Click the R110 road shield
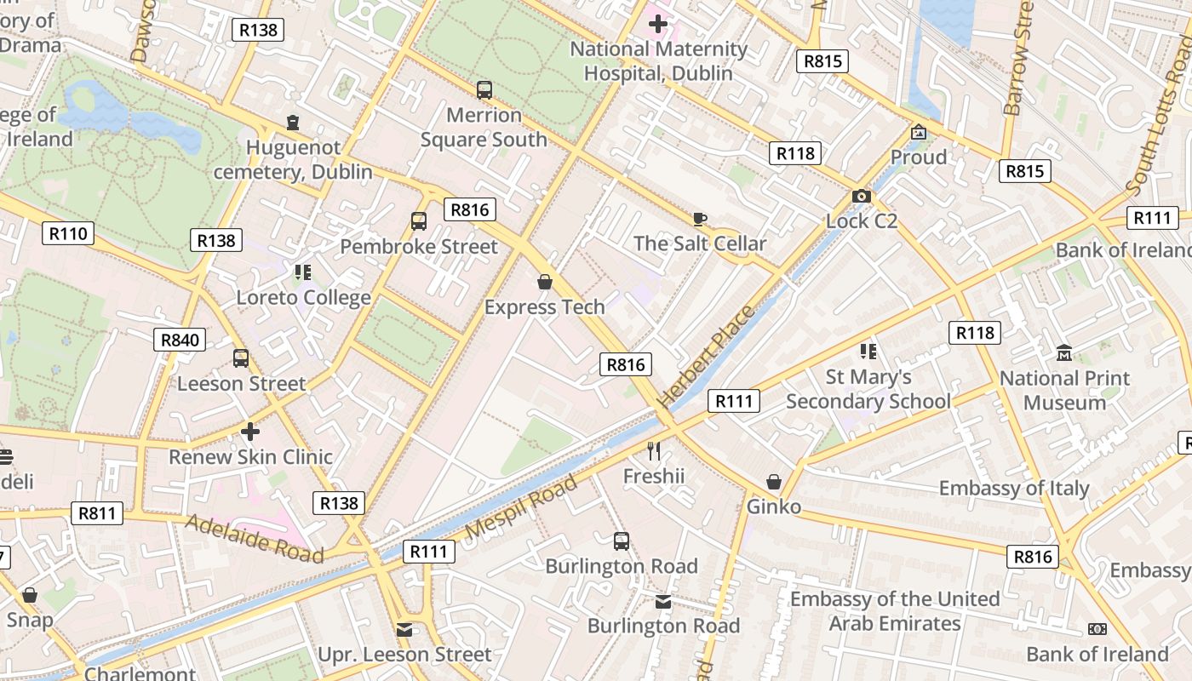click(68, 233)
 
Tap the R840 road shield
click(181, 340)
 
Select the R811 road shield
click(97, 512)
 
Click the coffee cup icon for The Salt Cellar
click(700, 220)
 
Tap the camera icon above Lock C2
click(861, 197)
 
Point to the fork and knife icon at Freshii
click(654, 451)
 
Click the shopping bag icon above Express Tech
click(545, 282)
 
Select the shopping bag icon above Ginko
click(774, 483)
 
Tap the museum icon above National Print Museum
click(1064, 352)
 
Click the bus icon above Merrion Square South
click(484, 89)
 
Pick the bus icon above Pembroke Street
click(419, 221)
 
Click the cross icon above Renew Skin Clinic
click(249, 432)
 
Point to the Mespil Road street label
click(523, 508)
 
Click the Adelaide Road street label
click(255, 538)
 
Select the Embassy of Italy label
click(1014, 488)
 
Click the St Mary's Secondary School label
click(868, 389)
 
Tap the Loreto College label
click(304, 298)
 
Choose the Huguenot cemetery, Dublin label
click(293, 160)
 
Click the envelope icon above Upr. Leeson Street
click(404, 630)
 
